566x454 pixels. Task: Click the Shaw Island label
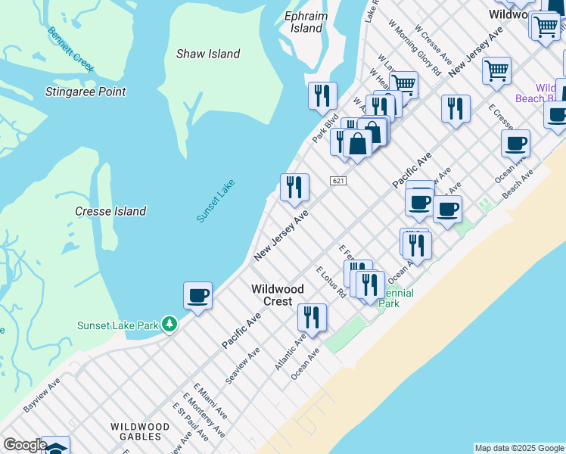click(208, 54)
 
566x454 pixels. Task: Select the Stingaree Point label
click(85, 92)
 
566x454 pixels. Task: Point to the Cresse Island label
click(110, 211)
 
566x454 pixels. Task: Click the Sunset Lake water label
click(216, 201)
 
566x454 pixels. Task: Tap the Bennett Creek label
click(71, 50)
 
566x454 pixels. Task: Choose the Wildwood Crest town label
click(278, 295)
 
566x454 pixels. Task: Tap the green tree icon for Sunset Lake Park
click(170, 325)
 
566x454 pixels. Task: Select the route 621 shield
click(338, 181)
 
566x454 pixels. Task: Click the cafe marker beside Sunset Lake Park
click(197, 296)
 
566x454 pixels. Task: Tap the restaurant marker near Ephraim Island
click(323, 96)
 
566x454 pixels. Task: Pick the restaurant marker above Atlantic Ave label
click(312, 318)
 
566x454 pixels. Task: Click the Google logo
click(24, 445)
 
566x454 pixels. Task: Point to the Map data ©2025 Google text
click(518, 448)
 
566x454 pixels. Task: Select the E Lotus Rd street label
click(331, 281)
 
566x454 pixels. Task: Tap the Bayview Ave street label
click(42, 396)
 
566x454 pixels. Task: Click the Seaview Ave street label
click(243, 365)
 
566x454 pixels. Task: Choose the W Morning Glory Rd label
click(414, 48)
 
